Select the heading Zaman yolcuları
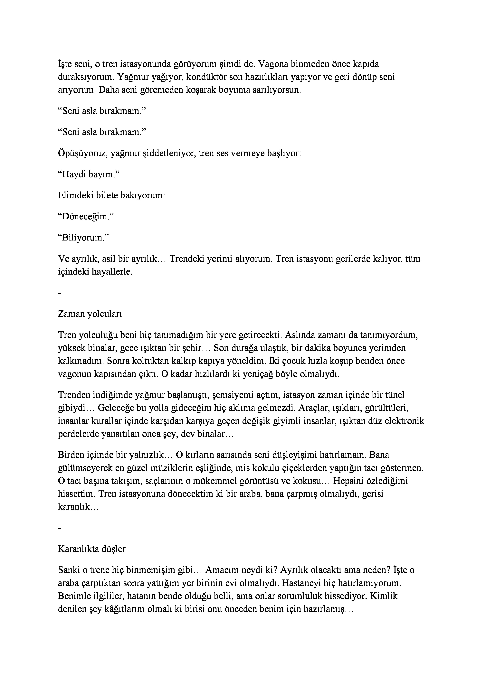[x=90, y=314]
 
